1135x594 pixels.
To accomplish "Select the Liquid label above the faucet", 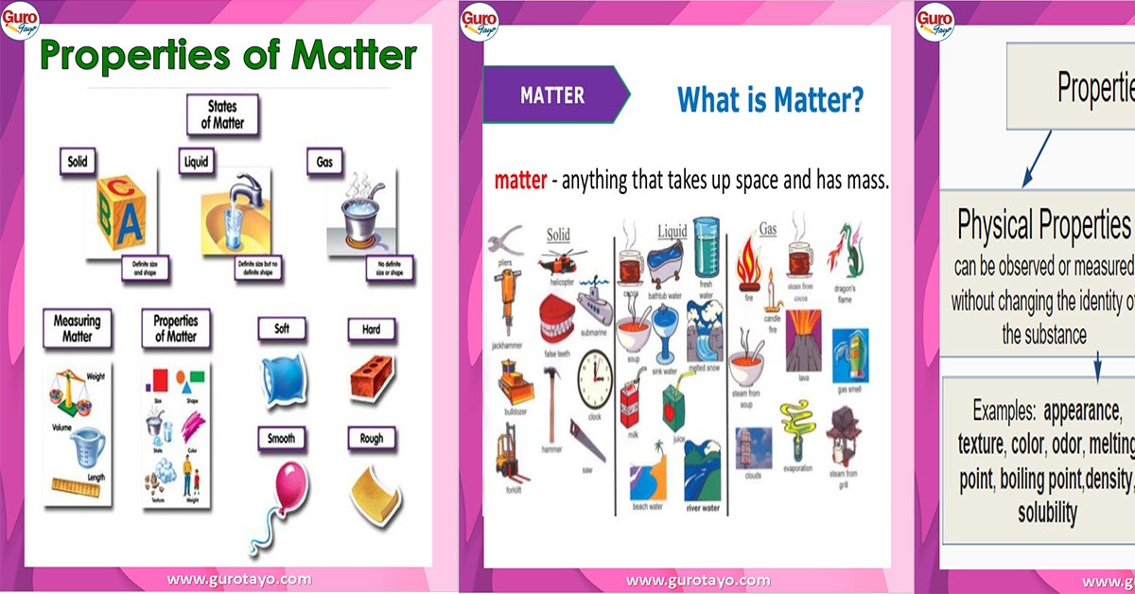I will click(195, 163).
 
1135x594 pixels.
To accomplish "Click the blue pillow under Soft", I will click(285, 380).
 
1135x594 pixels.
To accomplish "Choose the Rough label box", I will click(371, 439).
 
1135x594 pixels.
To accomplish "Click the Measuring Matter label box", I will click(77, 328).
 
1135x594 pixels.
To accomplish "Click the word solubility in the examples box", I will click(1047, 513).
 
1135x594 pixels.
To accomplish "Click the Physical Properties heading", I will click(1044, 225).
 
